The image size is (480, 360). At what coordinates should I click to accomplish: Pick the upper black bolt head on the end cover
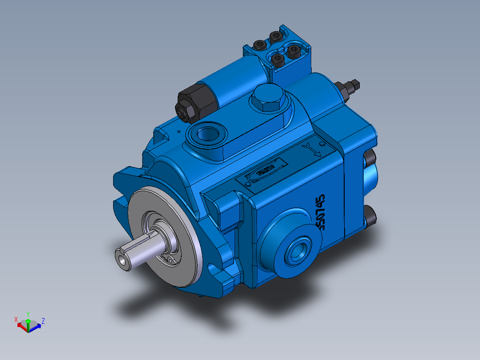(370, 158)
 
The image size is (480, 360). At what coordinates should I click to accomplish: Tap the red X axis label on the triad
(16, 319)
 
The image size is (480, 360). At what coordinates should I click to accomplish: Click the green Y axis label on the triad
(28, 314)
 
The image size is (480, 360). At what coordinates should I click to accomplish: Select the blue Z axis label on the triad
(43, 320)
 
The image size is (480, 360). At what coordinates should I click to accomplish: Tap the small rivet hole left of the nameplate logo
(248, 183)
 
